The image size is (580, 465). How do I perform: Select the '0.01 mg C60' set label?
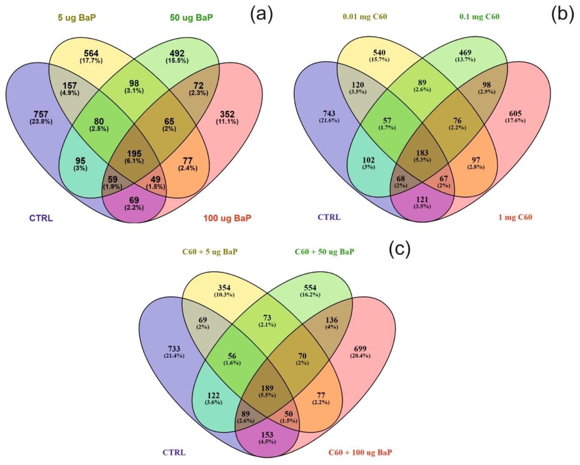pyautogui.click(x=365, y=17)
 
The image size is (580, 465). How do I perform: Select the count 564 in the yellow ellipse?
pyautogui.click(x=91, y=53)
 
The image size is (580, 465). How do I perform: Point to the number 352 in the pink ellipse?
pyautogui.click(x=227, y=114)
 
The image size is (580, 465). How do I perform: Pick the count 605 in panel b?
pyautogui.click(x=515, y=113)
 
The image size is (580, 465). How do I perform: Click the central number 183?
pyautogui.click(x=422, y=153)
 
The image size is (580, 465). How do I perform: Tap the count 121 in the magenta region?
pyautogui.click(x=422, y=199)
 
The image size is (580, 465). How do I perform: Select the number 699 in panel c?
pyautogui.click(x=360, y=349)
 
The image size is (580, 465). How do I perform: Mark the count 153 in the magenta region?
pyautogui.click(x=267, y=435)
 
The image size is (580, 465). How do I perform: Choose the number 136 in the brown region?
pyautogui.click(x=331, y=320)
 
